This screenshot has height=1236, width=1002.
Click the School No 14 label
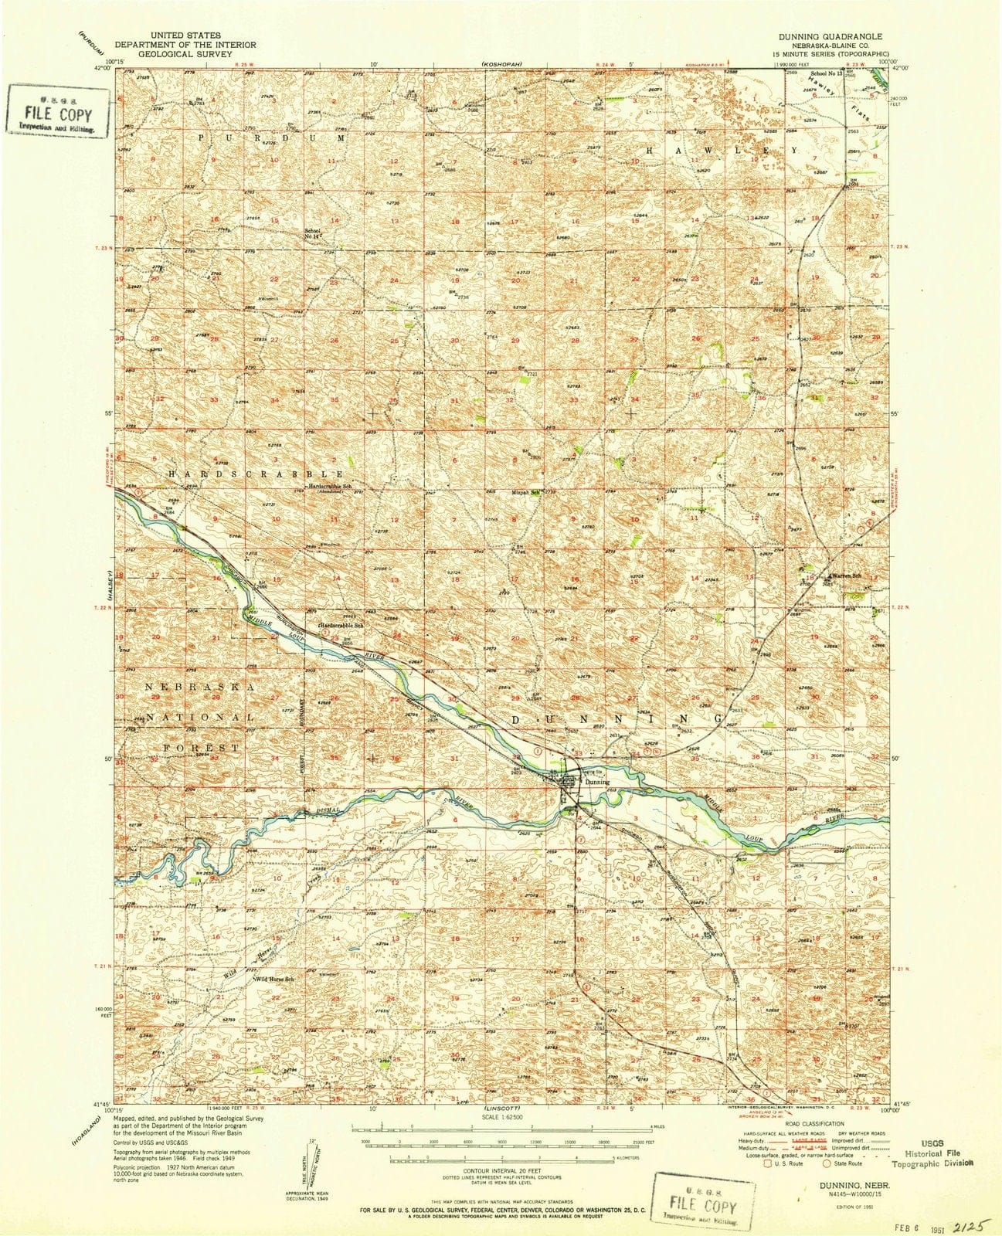(313, 233)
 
